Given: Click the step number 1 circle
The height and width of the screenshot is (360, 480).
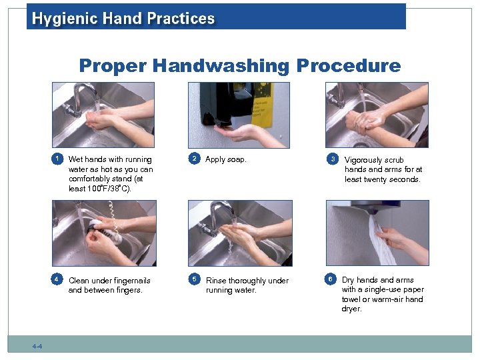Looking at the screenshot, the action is [57, 159].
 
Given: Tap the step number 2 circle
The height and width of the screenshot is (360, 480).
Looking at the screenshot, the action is [194, 158].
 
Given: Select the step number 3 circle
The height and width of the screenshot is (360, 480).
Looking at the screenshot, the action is [333, 159].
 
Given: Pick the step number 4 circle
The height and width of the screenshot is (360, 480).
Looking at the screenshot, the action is [57, 279].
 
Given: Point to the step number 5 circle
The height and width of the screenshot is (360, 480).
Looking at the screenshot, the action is [195, 279].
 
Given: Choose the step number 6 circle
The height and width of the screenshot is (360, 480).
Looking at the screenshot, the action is [330, 279].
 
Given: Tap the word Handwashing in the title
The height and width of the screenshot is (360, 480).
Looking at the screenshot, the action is [221, 66].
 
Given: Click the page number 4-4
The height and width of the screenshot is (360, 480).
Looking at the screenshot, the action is [37, 346].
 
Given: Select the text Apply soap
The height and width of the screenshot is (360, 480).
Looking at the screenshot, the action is [225, 159].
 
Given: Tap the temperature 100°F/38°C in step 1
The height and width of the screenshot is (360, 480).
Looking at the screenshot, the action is [109, 188].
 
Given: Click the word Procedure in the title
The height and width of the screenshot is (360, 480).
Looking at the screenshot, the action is [349, 65].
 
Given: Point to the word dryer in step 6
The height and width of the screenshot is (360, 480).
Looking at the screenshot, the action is [351, 309].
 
